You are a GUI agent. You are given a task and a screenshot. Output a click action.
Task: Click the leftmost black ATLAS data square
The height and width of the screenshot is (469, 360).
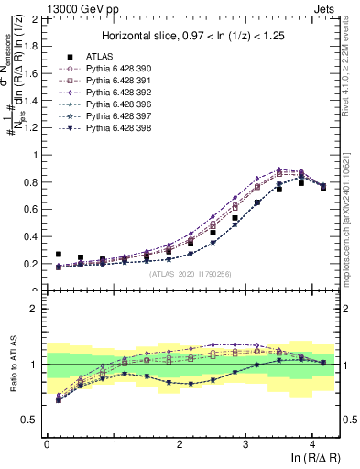[x=59, y=255]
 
